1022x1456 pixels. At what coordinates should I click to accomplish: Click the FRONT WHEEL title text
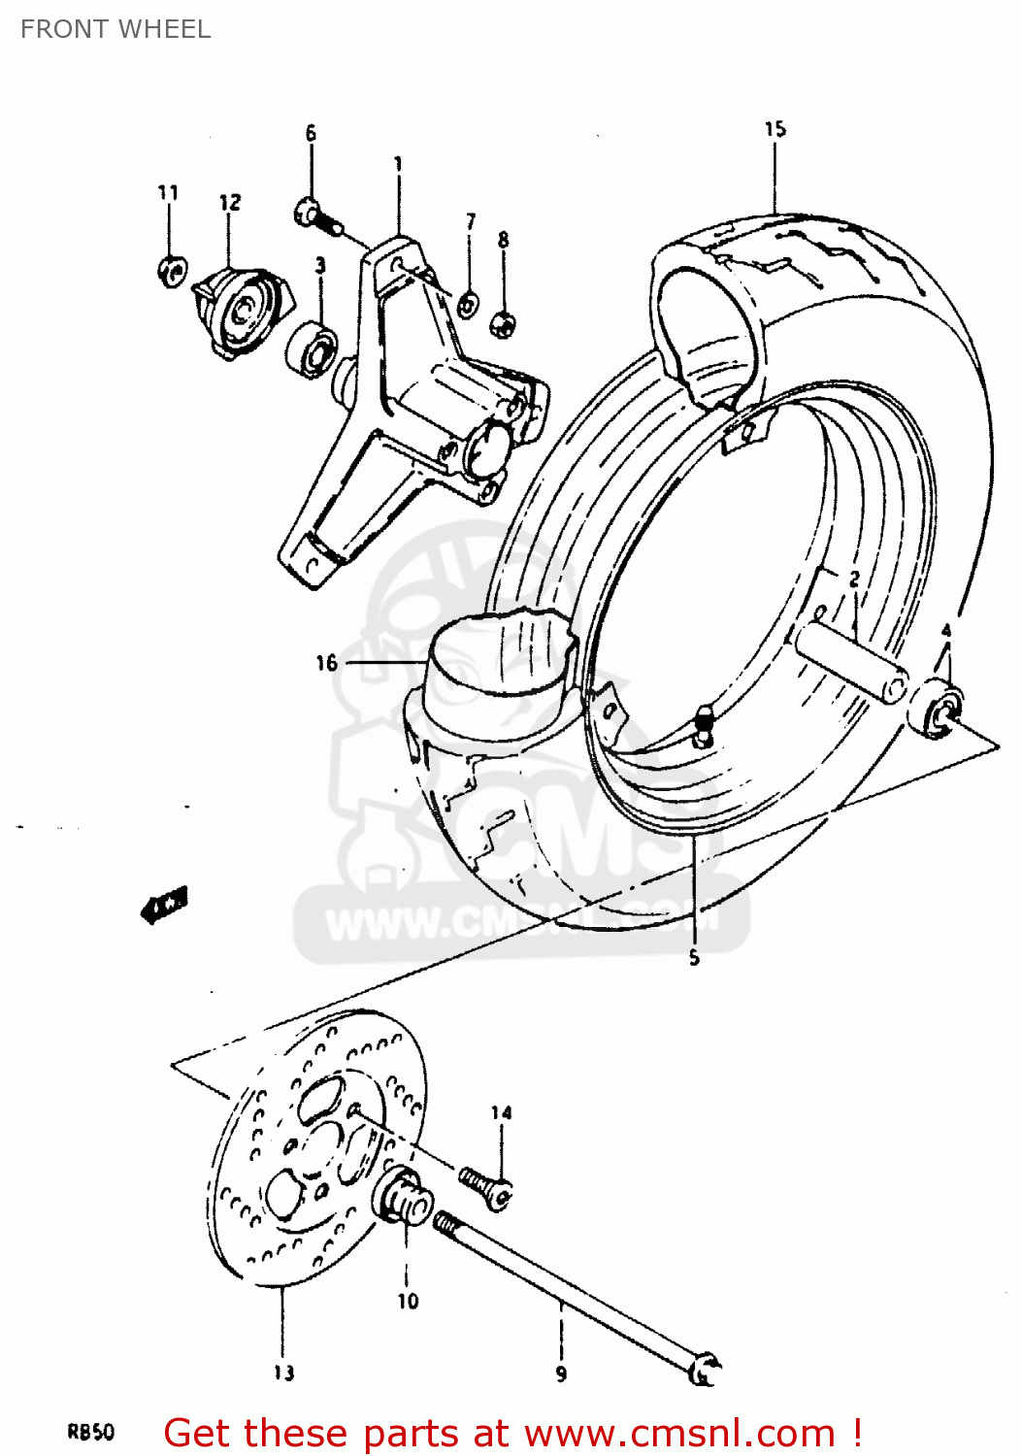point(115,29)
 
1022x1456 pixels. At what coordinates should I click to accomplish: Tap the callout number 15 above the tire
point(775,129)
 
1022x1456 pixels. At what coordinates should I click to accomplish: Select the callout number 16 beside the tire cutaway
point(326,663)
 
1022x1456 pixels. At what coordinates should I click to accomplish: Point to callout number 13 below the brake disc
point(283,1373)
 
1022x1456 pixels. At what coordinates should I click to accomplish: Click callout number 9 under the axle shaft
point(561,1373)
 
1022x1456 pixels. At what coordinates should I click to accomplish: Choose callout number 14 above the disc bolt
point(501,1113)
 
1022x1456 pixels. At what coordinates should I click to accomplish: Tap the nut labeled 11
point(171,271)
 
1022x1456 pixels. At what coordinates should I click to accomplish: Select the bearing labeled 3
point(312,348)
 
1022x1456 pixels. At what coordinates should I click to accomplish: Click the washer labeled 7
point(467,306)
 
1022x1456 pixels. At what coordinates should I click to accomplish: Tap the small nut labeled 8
point(503,322)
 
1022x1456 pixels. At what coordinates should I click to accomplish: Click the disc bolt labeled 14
point(486,1186)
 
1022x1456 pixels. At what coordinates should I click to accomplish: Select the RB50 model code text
point(90,1431)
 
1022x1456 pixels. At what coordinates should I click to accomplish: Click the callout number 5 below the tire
point(694,958)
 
